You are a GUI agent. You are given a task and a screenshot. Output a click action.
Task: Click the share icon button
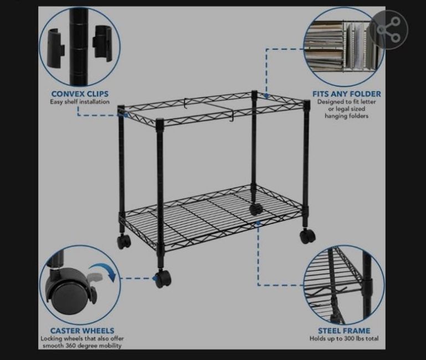pos(389,29)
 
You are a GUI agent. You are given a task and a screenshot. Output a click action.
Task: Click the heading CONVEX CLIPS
pos(80,94)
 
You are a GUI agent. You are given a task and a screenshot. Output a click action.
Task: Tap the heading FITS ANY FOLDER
pos(347,94)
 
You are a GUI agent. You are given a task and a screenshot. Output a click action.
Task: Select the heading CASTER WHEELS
pos(82,331)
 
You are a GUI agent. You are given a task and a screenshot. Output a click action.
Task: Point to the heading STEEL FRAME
pos(344,331)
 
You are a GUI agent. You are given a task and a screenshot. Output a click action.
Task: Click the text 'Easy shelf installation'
pos(80,102)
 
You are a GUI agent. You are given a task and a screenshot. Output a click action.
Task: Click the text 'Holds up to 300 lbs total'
pos(344,338)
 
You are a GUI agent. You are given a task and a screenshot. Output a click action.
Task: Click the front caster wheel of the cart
pos(163,279)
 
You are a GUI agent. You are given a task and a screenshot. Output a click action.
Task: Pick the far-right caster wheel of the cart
pos(307,236)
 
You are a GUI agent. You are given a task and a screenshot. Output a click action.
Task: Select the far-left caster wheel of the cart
pos(124,241)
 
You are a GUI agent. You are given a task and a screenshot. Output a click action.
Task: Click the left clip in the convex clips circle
pos(56,48)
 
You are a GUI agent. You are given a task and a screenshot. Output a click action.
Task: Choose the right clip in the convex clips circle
pos(102,43)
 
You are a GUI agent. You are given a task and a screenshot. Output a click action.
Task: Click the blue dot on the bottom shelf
pos(258,223)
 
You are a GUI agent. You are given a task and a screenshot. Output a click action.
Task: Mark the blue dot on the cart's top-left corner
pos(126,115)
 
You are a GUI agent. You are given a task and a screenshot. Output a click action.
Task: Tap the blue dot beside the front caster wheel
pos(155,278)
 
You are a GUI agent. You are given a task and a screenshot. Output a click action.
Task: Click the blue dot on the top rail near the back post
pos(266,95)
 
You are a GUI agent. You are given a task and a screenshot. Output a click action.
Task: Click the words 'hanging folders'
pos(347,116)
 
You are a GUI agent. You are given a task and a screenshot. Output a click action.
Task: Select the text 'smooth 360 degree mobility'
pos(82,346)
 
